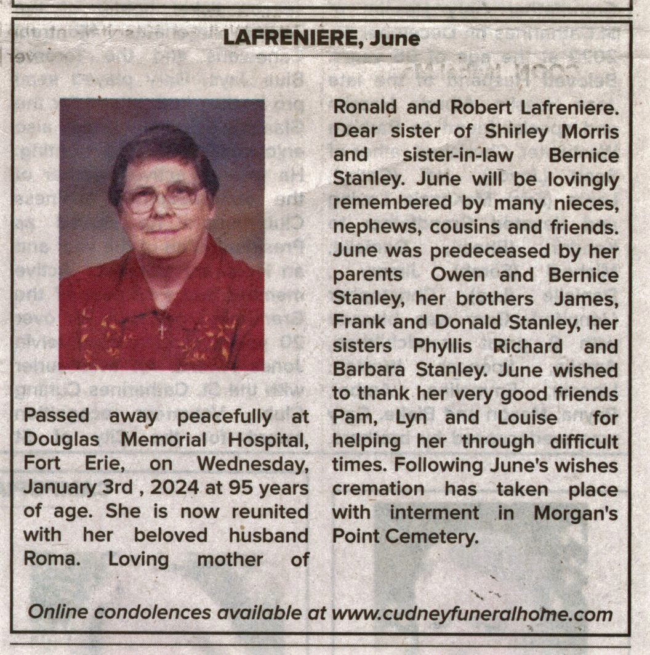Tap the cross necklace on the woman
162,329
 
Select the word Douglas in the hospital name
58,441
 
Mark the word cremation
379,489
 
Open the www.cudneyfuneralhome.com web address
472,614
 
